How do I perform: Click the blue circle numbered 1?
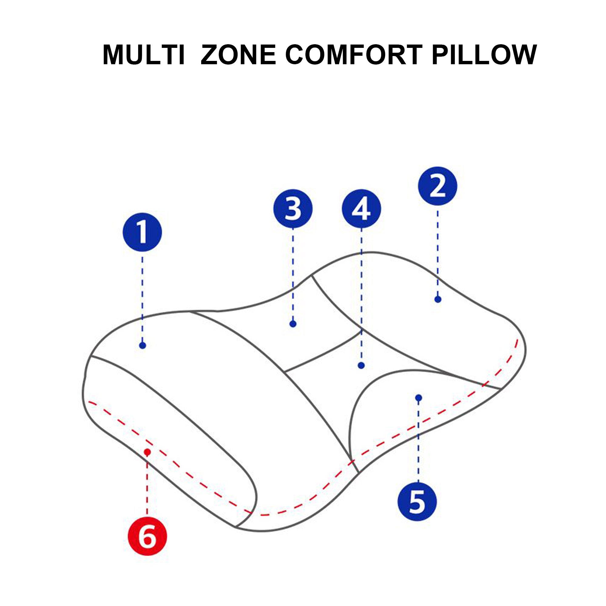(x=142, y=232)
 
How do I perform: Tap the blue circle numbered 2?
(x=438, y=186)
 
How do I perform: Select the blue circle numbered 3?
(x=293, y=208)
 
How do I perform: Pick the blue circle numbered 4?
(x=361, y=208)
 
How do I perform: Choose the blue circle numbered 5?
(x=417, y=501)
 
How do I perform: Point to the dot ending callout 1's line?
(x=142, y=345)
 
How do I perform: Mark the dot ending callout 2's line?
(x=438, y=299)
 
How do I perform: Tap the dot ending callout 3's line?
(x=293, y=324)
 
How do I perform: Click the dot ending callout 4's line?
(x=361, y=365)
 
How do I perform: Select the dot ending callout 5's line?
(x=418, y=398)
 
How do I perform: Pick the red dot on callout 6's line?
(x=147, y=452)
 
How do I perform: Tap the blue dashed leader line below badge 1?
(x=142, y=298)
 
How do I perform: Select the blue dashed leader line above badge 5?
(x=418, y=439)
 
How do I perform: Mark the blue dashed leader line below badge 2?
(x=438, y=251)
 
